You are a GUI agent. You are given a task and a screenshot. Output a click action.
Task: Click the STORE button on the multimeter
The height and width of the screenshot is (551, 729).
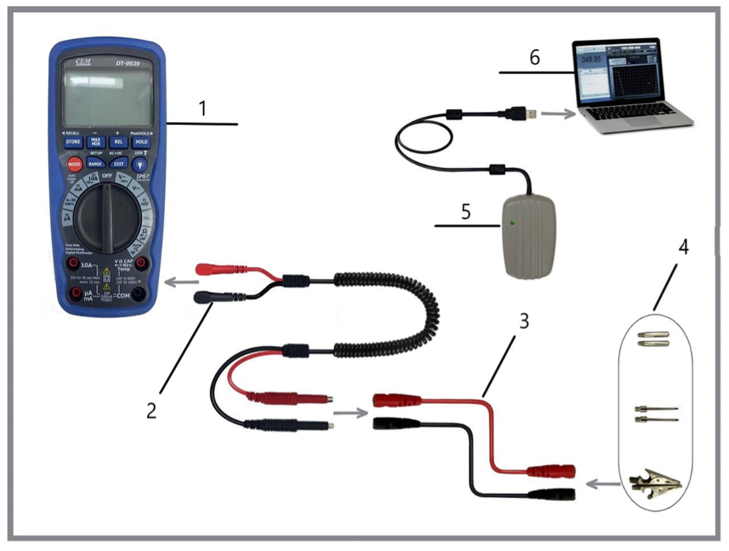coord(73,141)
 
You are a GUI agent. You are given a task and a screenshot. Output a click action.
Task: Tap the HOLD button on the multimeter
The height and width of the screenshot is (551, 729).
coord(141,141)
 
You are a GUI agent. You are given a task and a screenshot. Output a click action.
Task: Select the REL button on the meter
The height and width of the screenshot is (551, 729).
coord(118,141)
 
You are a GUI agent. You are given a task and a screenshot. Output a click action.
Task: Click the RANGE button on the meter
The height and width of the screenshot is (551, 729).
coord(95,163)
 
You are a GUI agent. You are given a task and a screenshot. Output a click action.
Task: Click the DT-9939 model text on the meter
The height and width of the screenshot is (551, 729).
coord(127,65)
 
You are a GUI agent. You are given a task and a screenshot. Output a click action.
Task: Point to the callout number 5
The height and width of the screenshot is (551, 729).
coord(466,211)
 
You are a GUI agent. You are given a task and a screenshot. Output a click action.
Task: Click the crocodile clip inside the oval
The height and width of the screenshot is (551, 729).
coord(654,485)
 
